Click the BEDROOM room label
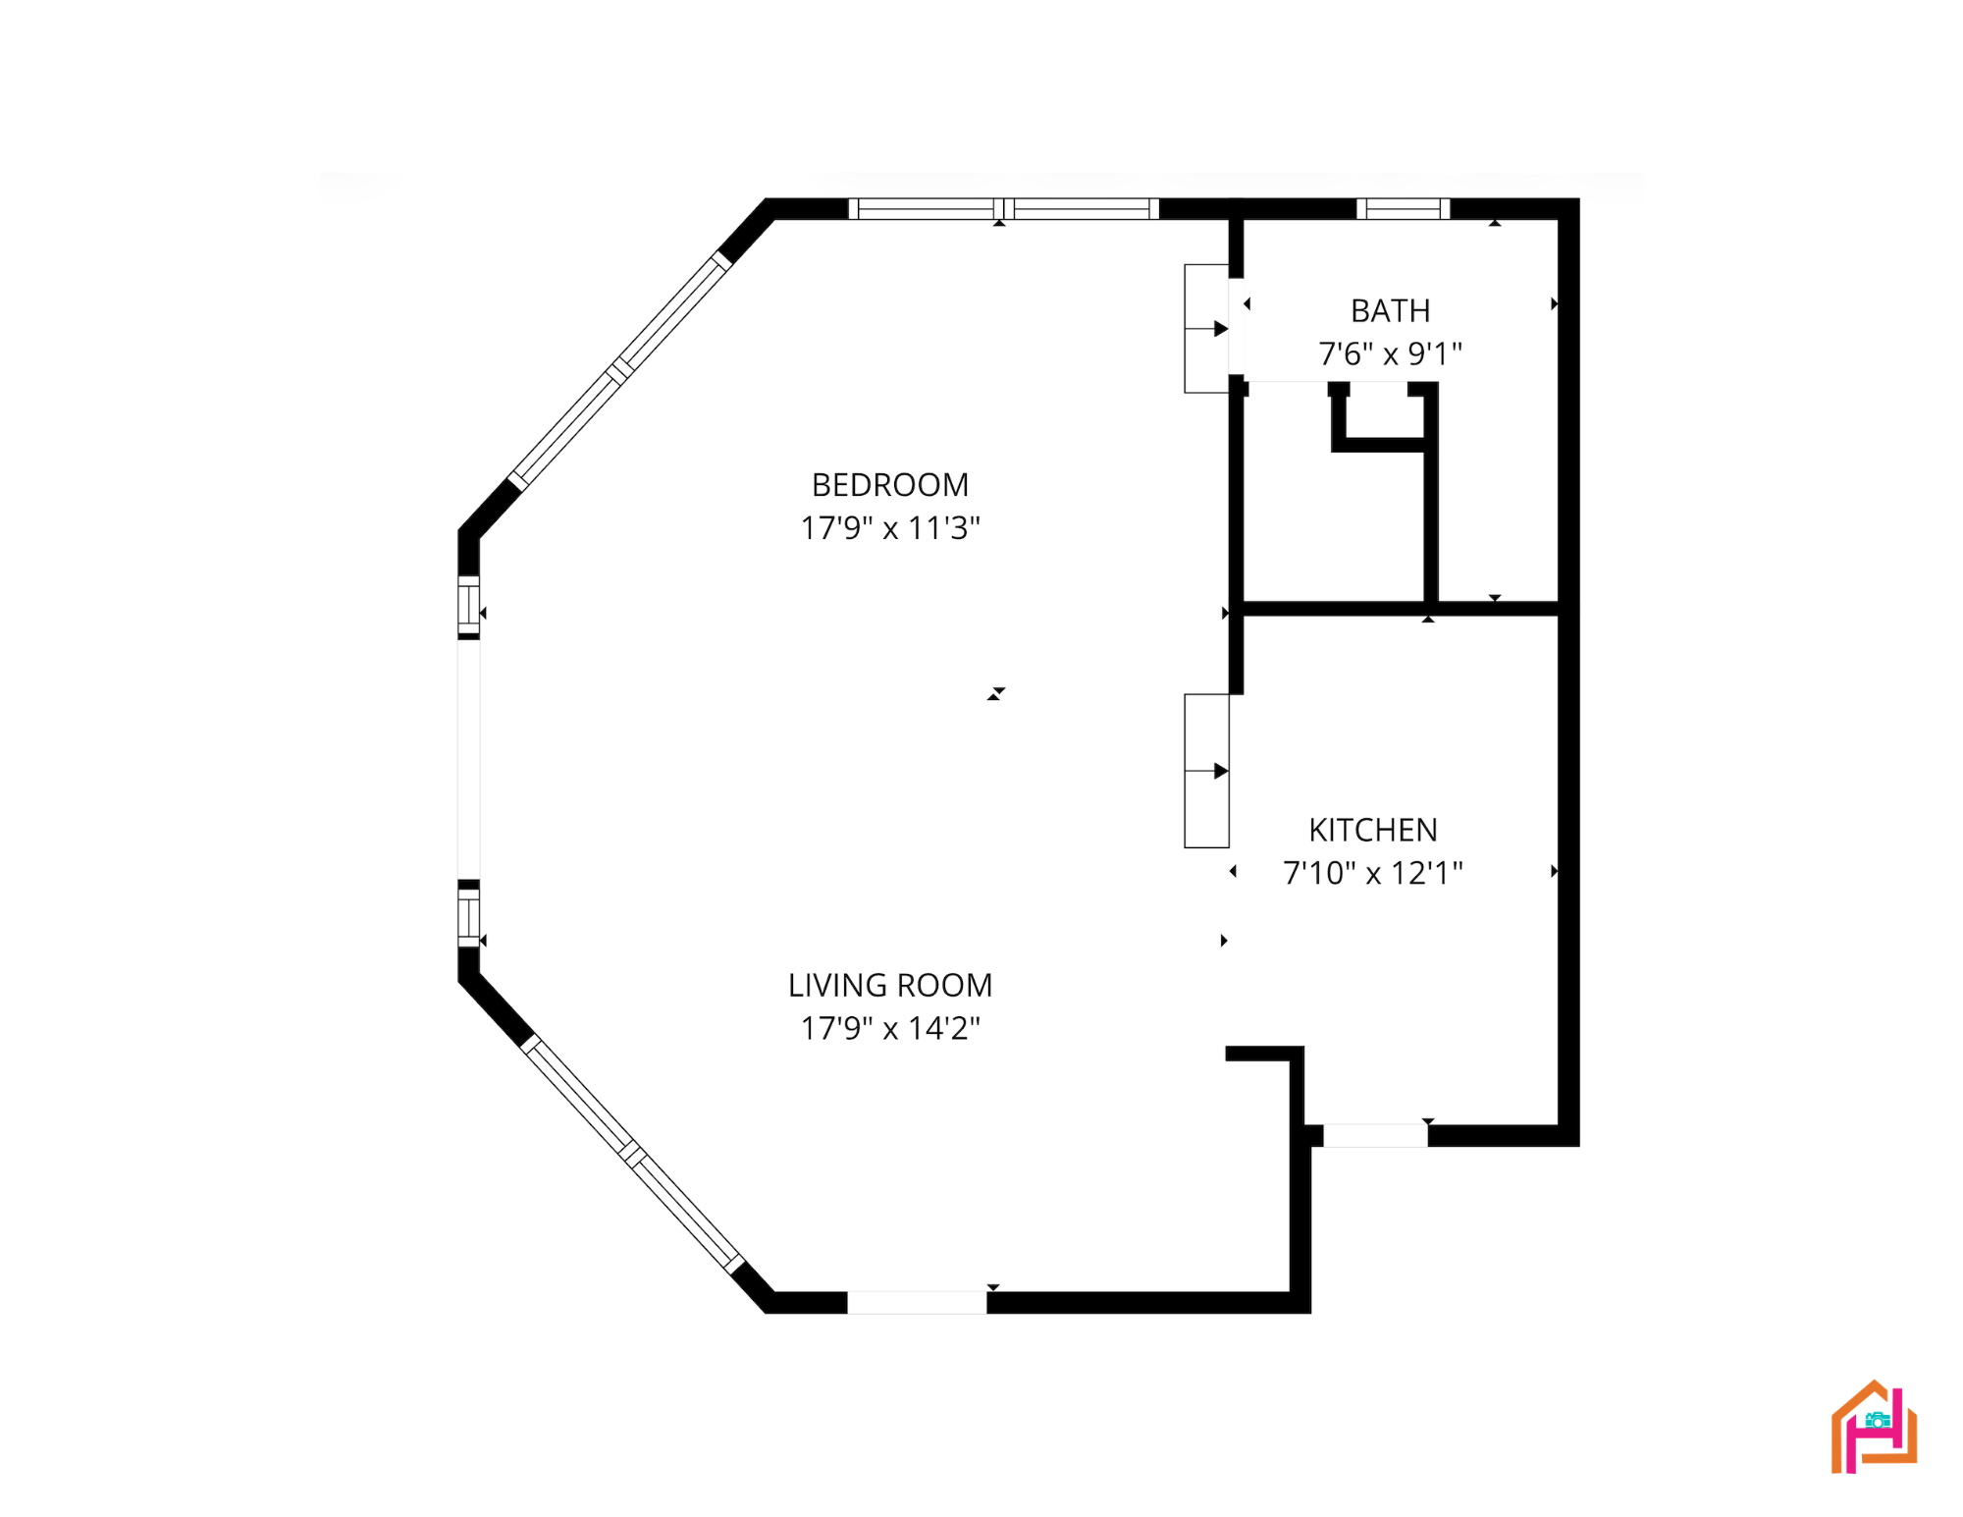point(890,485)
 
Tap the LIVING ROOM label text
point(890,985)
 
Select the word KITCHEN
point(1373,830)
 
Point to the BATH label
point(1390,310)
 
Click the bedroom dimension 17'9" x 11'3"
point(890,528)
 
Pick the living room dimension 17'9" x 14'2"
point(890,1028)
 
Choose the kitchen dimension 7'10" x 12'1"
point(1373,873)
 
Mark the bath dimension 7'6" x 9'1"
point(1390,353)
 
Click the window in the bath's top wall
point(1404,208)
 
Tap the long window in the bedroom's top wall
point(1003,208)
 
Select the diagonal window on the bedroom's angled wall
point(619,371)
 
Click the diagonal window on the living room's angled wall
point(633,1154)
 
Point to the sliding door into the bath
point(1206,329)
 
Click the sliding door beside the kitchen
point(1206,771)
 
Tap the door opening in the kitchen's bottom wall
point(1375,1135)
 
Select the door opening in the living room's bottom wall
point(917,1302)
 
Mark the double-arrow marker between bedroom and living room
point(996,694)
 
